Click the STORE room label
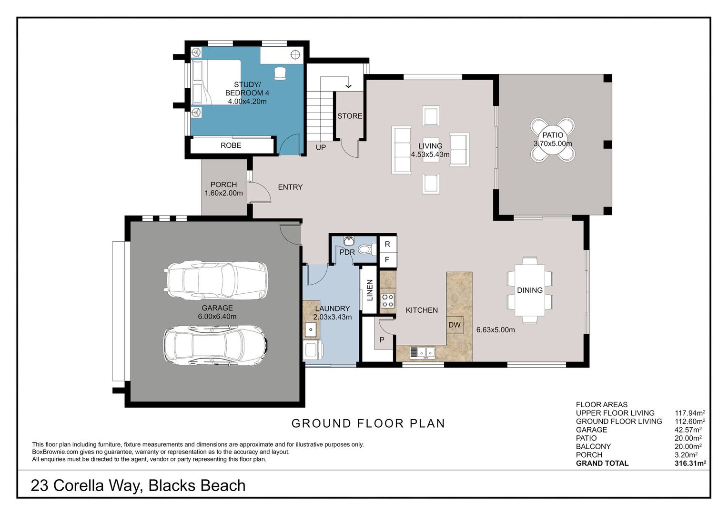click(x=350, y=116)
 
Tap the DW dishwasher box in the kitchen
click(x=455, y=325)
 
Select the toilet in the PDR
click(x=365, y=249)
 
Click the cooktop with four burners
click(x=388, y=300)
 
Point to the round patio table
click(x=553, y=139)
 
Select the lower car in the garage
click(x=215, y=345)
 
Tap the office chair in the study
click(x=280, y=73)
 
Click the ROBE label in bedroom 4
click(x=231, y=145)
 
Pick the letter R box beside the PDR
click(x=387, y=244)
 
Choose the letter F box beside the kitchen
click(x=387, y=260)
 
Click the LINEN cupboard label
click(x=370, y=290)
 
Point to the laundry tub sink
click(x=311, y=329)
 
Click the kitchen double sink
click(x=422, y=352)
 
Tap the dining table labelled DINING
click(x=530, y=290)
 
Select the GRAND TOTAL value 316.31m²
click(x=690, y=463)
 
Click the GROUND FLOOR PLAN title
click(x=368, y=423)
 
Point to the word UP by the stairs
click(x=321, y=147)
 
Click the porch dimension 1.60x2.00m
click(x=223, y=193)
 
